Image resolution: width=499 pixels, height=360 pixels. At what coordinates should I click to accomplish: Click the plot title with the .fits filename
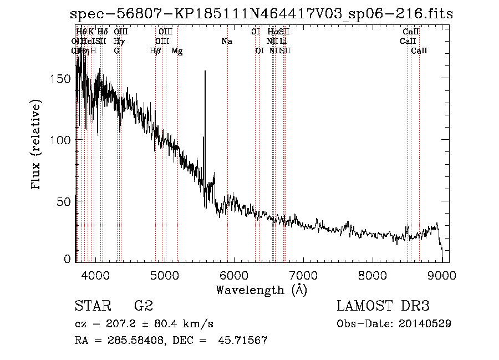coord(262,14)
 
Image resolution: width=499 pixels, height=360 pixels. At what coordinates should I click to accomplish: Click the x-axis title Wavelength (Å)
coord(261,290)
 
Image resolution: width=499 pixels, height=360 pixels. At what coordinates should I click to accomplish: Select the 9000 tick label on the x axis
coord(442,276)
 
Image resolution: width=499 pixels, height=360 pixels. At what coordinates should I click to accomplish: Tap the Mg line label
coord(177,51)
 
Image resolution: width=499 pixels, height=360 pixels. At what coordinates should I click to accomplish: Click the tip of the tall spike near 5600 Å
coord(205,71)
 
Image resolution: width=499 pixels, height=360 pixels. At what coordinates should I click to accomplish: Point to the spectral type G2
coord(144,306)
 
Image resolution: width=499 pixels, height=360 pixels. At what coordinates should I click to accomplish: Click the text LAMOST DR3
coord(383,306)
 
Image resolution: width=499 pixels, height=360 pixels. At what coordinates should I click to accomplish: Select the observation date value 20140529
coord(425,323)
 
